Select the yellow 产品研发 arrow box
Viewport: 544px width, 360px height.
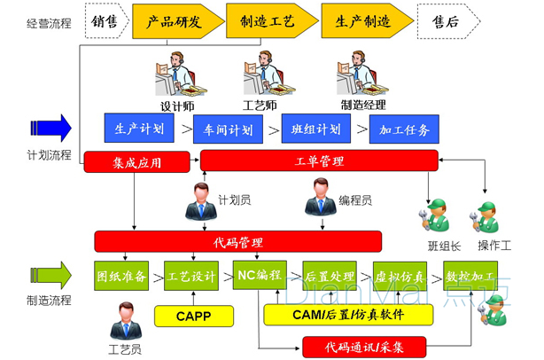click(x=176, y=20)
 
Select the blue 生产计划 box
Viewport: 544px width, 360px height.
click(x=139, y=129)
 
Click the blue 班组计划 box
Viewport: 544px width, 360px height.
click(x=316, y=129)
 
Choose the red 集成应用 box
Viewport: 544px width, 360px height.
click(x=136, y=161)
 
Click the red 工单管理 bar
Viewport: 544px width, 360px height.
click(x=319, y=160)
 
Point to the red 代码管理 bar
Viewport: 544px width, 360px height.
click(x=237, y=240)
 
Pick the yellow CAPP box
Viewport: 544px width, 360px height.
click(x=193, y=314)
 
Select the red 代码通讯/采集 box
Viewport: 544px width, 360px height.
click(x=365, y=345)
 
